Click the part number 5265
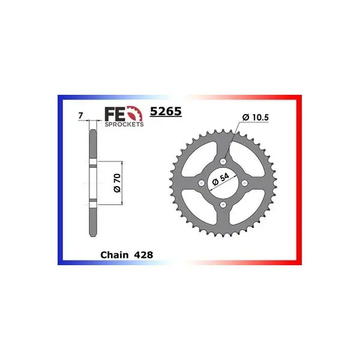pyautogui.click(x=166, y=112)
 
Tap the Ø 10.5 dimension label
pyautogui.click(x=256, y=118)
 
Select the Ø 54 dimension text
pyautogui.click(x=221, y=179)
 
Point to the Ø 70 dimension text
pyautogui.click(x=117, y=183)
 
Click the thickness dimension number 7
pyautogui.click(x=80, y=116)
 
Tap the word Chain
pyautogui.click(x=115, y=255)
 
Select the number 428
pyautogui.click(x=144, y=255)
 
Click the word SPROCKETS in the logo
pyautogui.click(x=124, y=124)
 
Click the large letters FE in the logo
pyautogui.click(x=115, y=115)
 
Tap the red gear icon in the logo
pyautogui.click(x=136, y=113)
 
